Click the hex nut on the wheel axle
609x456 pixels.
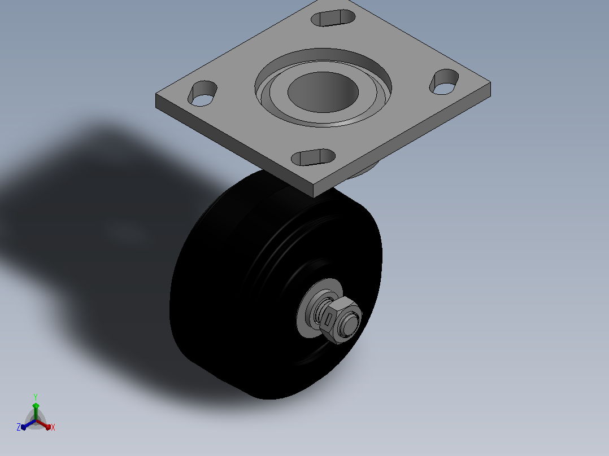(x=341, y=320)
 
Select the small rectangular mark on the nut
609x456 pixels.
(x=328, y=319)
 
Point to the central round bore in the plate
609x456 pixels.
(x=323, y=92)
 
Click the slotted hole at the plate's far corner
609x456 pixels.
(x=333, y=18)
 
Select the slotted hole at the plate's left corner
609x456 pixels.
(x=202, y=94)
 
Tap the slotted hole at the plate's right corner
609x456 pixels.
(x=444, y=81)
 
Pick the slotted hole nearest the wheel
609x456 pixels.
(x=313, y=157)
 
